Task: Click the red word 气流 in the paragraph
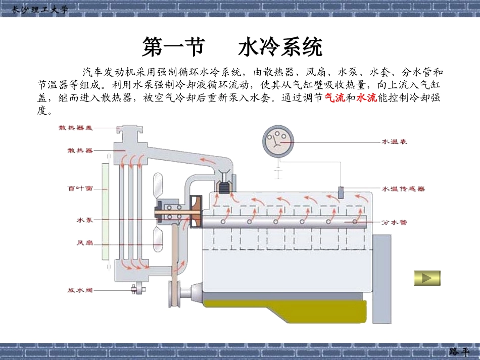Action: [335, 98]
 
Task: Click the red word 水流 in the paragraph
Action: [366, 98]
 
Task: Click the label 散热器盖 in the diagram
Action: [76, 128]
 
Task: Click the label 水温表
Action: [394, 142]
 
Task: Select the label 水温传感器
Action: [403, 188]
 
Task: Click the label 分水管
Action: [394, 222]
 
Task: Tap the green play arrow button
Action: [427, 278]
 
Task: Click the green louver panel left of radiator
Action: [105, 211]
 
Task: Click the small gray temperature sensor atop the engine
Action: [341, 192]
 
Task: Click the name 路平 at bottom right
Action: [458, 351]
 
